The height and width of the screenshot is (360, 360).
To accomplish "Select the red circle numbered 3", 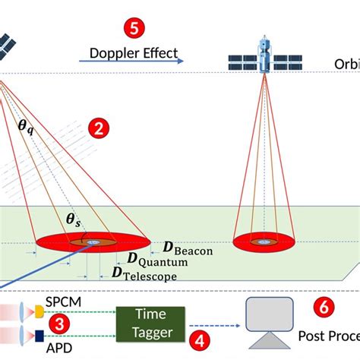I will (55, 324).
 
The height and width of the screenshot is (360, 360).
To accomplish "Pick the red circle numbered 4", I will (199, 341).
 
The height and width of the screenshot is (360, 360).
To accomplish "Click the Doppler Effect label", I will (134, 53).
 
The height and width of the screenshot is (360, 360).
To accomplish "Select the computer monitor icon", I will (269, 318).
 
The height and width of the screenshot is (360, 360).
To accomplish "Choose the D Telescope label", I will (144, 273).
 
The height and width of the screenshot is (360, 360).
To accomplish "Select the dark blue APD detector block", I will (38, 335).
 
